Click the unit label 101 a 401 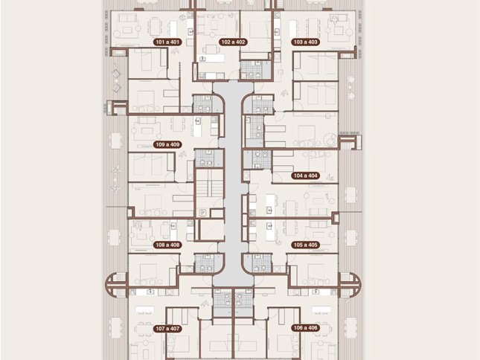[167, 42]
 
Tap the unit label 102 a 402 [233, 42]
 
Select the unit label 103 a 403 [305, 42]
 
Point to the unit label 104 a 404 [305, 176]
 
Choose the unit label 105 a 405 [305, 245]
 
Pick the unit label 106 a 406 [305, 328]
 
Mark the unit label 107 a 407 [167, 329]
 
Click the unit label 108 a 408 [167, 245]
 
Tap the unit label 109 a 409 [167, 144]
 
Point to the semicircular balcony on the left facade [116, 285]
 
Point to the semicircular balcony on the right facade [350, 285]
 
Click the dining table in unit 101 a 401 [155, 28]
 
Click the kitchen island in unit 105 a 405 [269, 231]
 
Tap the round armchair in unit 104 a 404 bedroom [330, 140]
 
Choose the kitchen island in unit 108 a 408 [173, 230]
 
